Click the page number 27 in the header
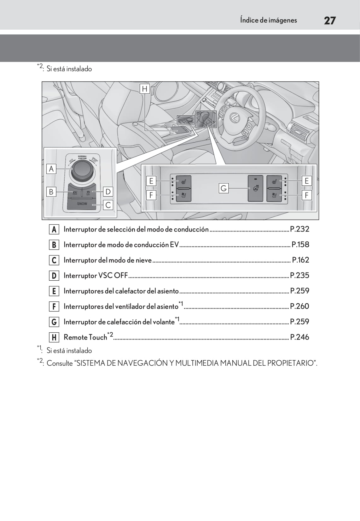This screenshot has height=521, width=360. [x=329, y=20]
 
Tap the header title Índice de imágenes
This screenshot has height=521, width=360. [x=268, y=20]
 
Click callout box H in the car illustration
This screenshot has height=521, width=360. [x=145, y=89]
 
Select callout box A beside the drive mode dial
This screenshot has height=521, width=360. [x=51, y=169]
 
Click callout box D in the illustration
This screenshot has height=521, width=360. [x=108, y=192]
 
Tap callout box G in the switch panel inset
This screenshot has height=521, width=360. [x=224, y=188]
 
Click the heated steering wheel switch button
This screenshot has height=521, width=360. [x=255, y=188]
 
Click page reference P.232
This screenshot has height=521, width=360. [x=299, y=229]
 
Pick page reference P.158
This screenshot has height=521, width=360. [x=300, y=244]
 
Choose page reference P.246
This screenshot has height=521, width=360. [x=299, y=337]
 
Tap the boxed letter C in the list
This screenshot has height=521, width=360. [x=54, y=260]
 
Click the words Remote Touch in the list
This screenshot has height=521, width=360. [x=85, y=337]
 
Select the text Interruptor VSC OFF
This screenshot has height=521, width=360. [x=96, y=276]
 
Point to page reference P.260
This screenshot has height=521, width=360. [x=299, y=306]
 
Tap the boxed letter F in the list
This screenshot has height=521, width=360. [x=54, y=306]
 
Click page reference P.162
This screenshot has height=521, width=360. [x=300, y=260]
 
